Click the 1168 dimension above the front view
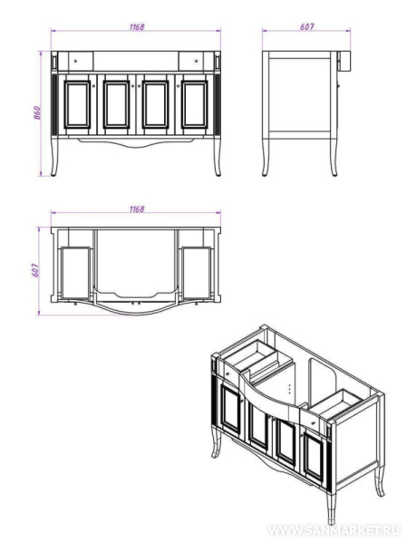pyautogui.click(x=137, y=26)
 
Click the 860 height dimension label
pyautogui.click(x=37, y=113)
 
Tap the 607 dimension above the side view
pyautogui.click(x=307, y=26)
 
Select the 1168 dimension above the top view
pyautogui.click(x=137, y=209)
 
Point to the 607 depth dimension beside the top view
pyautogui.click(x=35, y=270)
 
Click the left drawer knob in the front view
pyautogui.click(x=76, y=62)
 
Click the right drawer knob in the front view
pyautogui.click(x=197, y=62)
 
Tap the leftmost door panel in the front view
pyautogui.click(x=77, y=104)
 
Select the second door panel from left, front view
pyautogui.click(x=116, y=104)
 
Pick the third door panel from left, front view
pyautogui.click(x=156, y=104)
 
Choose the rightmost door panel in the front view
pyautogui.click(x=195, y=104)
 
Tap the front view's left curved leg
pyautogui.click(x=54, y=156)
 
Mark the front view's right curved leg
pyautogui.click(x=218, y=156)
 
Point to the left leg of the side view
pyautogui.click(x=266, y=157)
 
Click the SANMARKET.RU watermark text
pyautogui.click(x=334, y=530)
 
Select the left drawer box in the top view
pyautogui.click(x=75, y=273)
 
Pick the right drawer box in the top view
pyautogui.click(x=197, y=273)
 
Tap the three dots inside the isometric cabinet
pyautogui.click(x=289, y=389)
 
